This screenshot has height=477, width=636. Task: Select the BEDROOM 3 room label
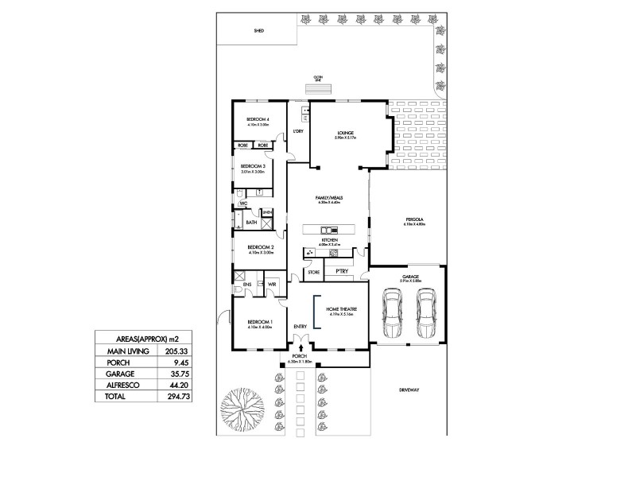pos(253,166)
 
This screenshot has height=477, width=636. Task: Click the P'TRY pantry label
pos(342,271)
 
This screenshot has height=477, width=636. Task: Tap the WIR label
pos(271,283)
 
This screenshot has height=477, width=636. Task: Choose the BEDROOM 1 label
pos(259,323)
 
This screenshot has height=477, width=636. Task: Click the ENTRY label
pos(300,327)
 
